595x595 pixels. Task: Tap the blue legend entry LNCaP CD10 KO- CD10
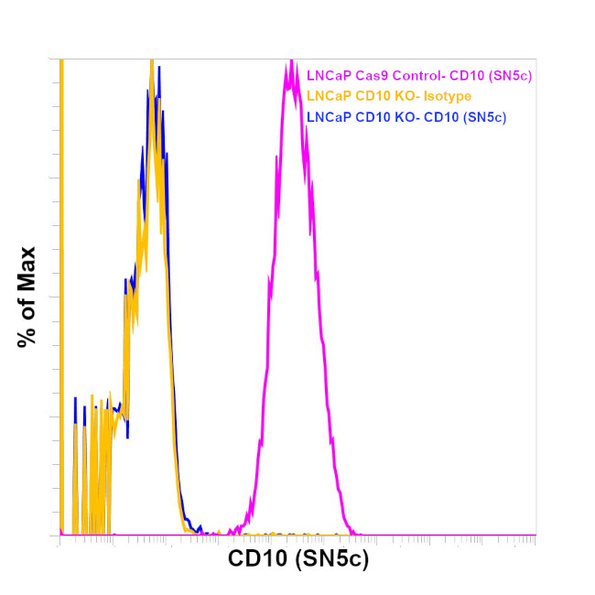pos(406,117)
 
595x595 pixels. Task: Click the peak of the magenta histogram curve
pos(291,62)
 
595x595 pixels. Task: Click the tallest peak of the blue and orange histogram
pos(152,66)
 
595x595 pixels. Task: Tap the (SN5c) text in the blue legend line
pos(486,117)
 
